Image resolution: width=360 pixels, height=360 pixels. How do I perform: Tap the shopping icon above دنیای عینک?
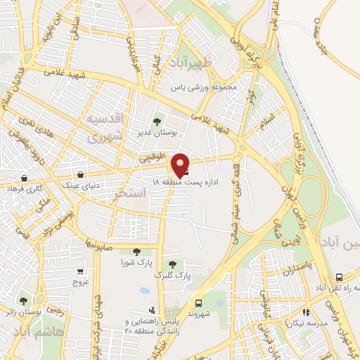pyautogui.click(x=82, y=174)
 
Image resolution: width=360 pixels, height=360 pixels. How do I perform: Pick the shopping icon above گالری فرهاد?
pyautogui.click(x=25, y=179)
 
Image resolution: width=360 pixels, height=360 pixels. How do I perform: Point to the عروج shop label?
pyautogui.click(x=82, y=281)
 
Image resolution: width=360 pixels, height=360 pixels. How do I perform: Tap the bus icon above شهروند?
pyautogui.click(x=200, y=303)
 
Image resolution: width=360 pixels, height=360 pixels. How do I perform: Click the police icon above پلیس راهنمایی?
pyautogui.click(x=151, y=310)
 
